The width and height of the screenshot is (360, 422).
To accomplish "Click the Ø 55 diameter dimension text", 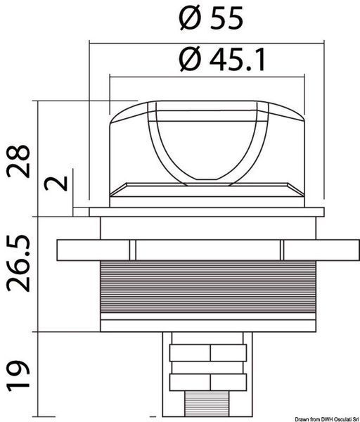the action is tap(211, 18).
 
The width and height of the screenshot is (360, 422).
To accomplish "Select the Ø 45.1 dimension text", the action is tap(222, 59).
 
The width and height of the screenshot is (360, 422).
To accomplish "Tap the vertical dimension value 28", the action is tap(18, 162).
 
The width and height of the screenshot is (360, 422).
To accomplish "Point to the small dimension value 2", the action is tap(56, 182).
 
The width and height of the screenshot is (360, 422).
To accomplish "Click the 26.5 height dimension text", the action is tap(18, 264).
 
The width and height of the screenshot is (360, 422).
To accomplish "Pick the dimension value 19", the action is tap(18, 376).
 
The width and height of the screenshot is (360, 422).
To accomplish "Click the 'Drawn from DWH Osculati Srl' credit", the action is tap(327, 419).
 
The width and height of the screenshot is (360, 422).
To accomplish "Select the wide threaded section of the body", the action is tap(208, 287).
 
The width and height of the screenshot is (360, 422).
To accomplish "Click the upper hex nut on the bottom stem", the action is tap(208, 353).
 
